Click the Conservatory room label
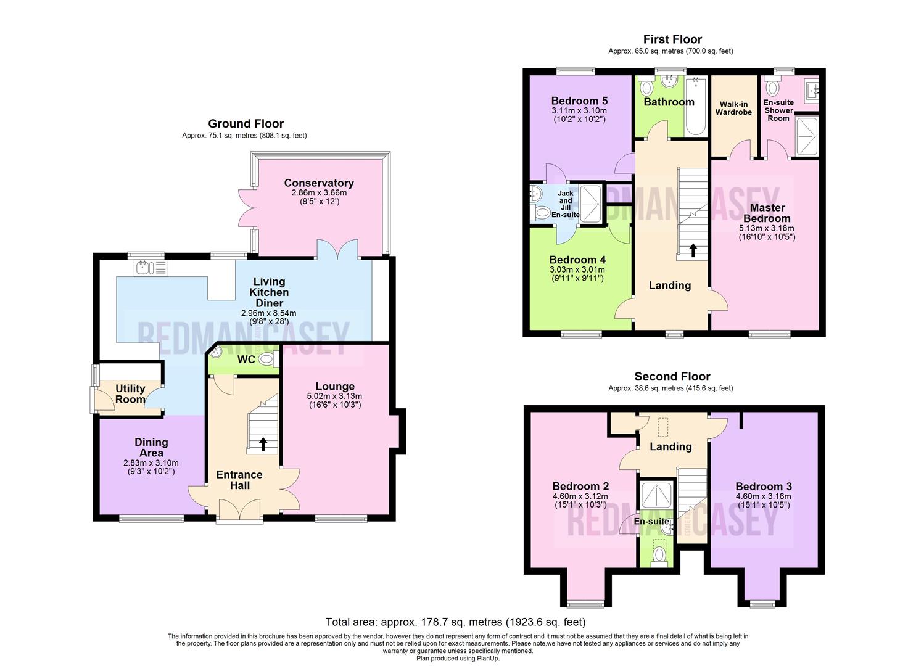(319, 183)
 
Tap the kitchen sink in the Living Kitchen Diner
(144, 268)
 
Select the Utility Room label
(130, 393)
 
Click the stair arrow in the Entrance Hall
(263, 444)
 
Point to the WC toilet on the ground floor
(266, 360)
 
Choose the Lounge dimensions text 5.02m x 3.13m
(334, 396)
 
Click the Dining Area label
(151, 447)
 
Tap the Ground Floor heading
(246, 124)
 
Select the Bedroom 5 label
(579, 101)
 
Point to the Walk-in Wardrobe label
(733, 109)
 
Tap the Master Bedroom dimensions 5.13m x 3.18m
(767, 228)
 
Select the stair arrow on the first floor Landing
(693, 250)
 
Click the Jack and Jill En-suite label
(565, 204)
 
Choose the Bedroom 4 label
(573, 260)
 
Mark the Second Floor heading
(672, 377)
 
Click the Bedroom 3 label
(763, 486)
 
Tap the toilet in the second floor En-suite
(659, 554)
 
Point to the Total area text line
(455, 622)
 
